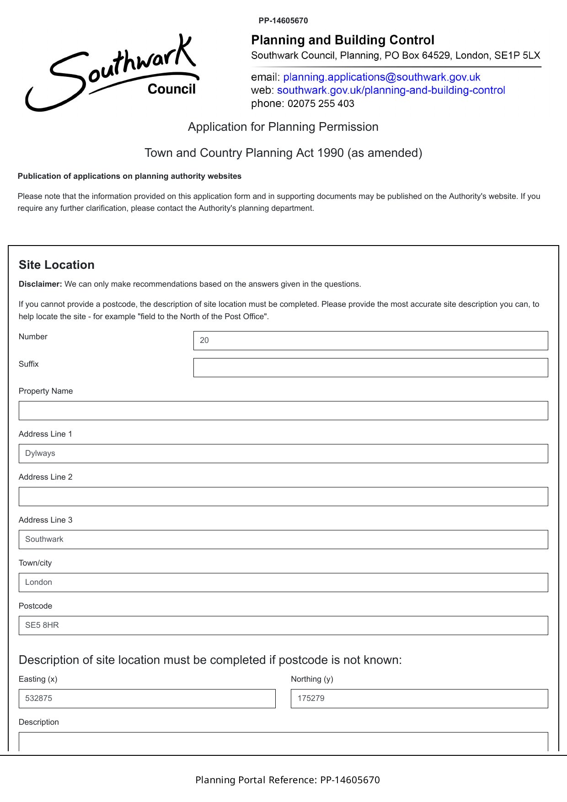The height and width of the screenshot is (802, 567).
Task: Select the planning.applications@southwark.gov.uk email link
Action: tap(381, 77)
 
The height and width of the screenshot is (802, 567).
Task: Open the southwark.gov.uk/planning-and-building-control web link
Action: tap(390, 91)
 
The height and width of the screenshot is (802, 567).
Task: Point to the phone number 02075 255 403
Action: tap(321, 104)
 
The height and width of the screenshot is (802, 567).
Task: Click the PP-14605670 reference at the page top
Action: tap(283, 21)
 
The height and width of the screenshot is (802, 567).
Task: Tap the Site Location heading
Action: tap(57, 265)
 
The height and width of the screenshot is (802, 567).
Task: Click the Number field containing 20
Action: tap(370, 341)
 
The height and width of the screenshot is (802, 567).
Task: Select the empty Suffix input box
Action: tap(370, 368)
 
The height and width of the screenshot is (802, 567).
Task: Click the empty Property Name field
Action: tap(283, 411)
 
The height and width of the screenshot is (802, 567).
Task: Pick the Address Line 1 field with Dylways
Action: tap(283, 454)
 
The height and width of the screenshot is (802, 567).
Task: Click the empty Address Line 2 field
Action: tap(283, 497)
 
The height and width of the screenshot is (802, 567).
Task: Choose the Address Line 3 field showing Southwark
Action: tap(283, 540)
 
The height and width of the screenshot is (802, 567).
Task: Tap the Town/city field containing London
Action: tap(283, 583)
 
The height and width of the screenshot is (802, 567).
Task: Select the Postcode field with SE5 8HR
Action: tap(283, 626)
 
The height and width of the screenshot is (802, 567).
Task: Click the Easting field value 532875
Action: tap(147, 699)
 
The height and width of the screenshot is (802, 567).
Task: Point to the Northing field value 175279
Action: tap(419, 699)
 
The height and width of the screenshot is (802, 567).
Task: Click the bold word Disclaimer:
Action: tap(40, 284)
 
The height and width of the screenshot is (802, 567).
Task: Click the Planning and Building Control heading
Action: tap(342, 40)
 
